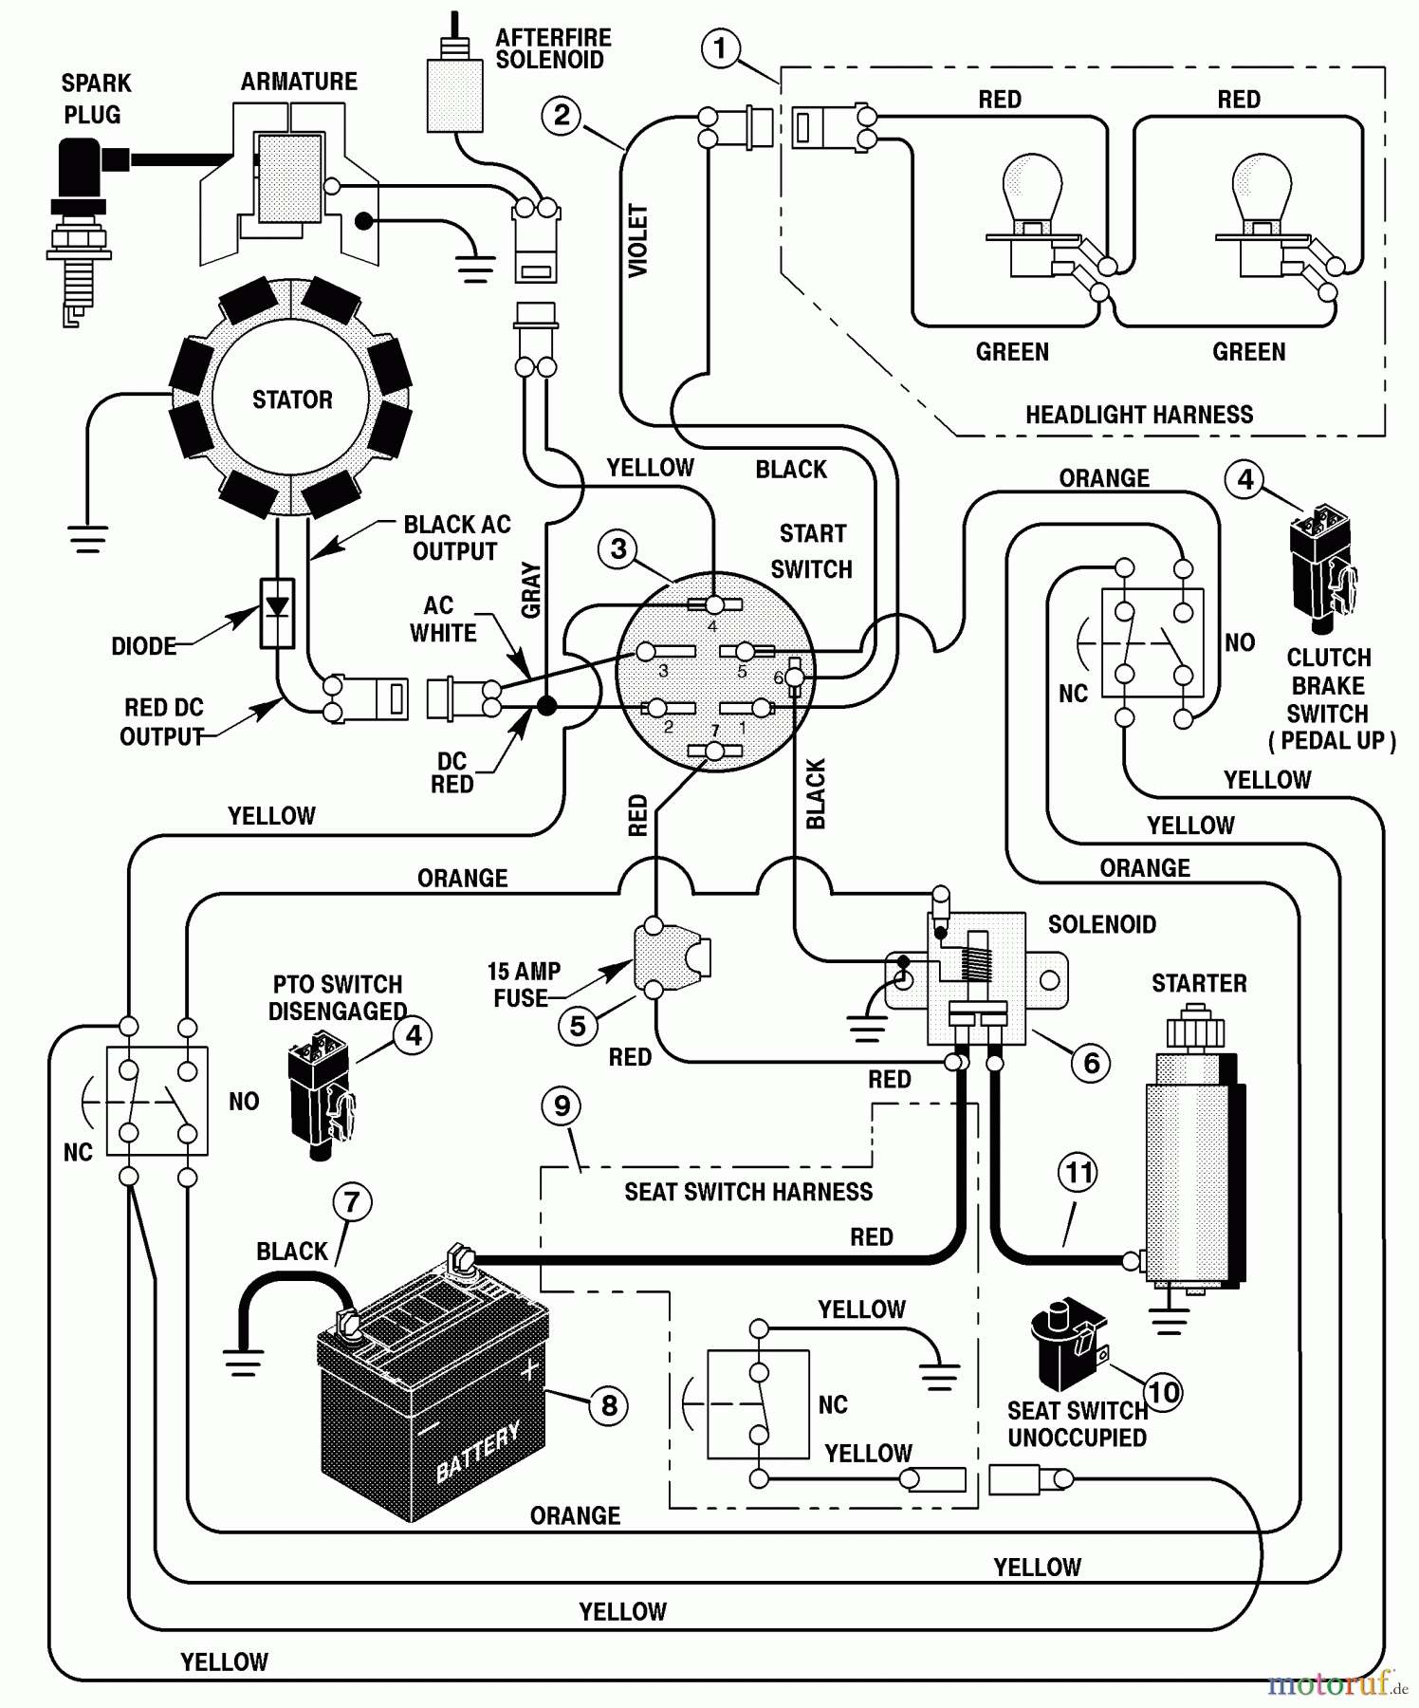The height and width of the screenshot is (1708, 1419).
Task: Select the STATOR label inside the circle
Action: (292, 399)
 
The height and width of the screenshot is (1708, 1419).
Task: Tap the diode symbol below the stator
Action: (277, 612)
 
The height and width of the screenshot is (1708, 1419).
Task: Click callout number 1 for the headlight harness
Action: (720, 48)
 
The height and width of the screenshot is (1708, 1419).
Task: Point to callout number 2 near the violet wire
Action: (562, 116)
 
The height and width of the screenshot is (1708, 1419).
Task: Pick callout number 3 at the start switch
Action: (618, 548)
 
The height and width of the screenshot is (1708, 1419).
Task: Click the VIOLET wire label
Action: (638, 241)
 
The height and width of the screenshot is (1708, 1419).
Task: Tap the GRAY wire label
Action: (531, 589)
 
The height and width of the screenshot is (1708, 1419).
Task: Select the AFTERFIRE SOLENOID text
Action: (553, 48)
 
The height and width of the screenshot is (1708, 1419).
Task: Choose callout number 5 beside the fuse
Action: (578, 1026)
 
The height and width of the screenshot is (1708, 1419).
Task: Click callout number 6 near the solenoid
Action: (1091, 1063)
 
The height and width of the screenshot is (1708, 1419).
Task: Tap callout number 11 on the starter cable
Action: (1078, 1173)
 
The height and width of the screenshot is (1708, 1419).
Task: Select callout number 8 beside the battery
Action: (609, 1405)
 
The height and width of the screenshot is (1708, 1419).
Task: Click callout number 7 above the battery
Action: (352, 1202)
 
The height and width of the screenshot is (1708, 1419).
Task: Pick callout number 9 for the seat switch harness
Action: (562, 1105)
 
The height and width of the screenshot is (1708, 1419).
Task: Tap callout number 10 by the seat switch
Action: (1164, 1392)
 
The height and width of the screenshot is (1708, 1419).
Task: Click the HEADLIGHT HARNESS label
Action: (1139, 415)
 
